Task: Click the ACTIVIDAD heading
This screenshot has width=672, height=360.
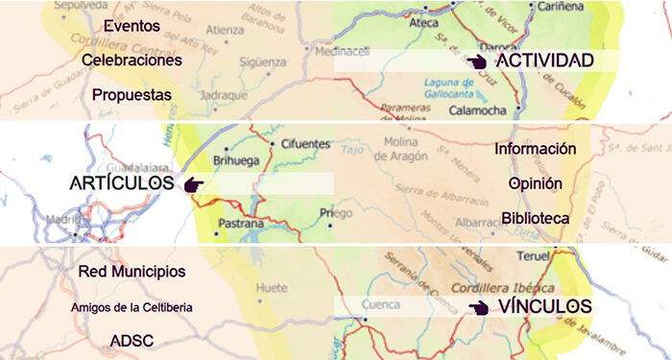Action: [544, 60]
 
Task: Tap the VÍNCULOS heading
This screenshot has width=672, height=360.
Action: [545, 306]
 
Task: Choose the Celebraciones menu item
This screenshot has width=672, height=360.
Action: [132, 60]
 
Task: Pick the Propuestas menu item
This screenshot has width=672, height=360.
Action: [132, 95]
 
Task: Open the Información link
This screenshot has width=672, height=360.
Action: [536, 149]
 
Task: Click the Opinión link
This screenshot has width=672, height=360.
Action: [536, 182]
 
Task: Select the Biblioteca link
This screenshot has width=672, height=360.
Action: [536, 218]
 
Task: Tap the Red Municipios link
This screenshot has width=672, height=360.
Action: [132, 272]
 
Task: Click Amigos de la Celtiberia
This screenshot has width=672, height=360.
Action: [132, 307]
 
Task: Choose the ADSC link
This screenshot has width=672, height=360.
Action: [132, 341]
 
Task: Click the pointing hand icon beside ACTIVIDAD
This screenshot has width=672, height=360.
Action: [477, 60]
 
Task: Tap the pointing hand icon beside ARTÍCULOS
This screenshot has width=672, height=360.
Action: [194, 182]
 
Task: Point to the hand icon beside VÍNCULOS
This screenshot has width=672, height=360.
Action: [477, 307]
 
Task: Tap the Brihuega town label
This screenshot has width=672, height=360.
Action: [235, 160]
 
